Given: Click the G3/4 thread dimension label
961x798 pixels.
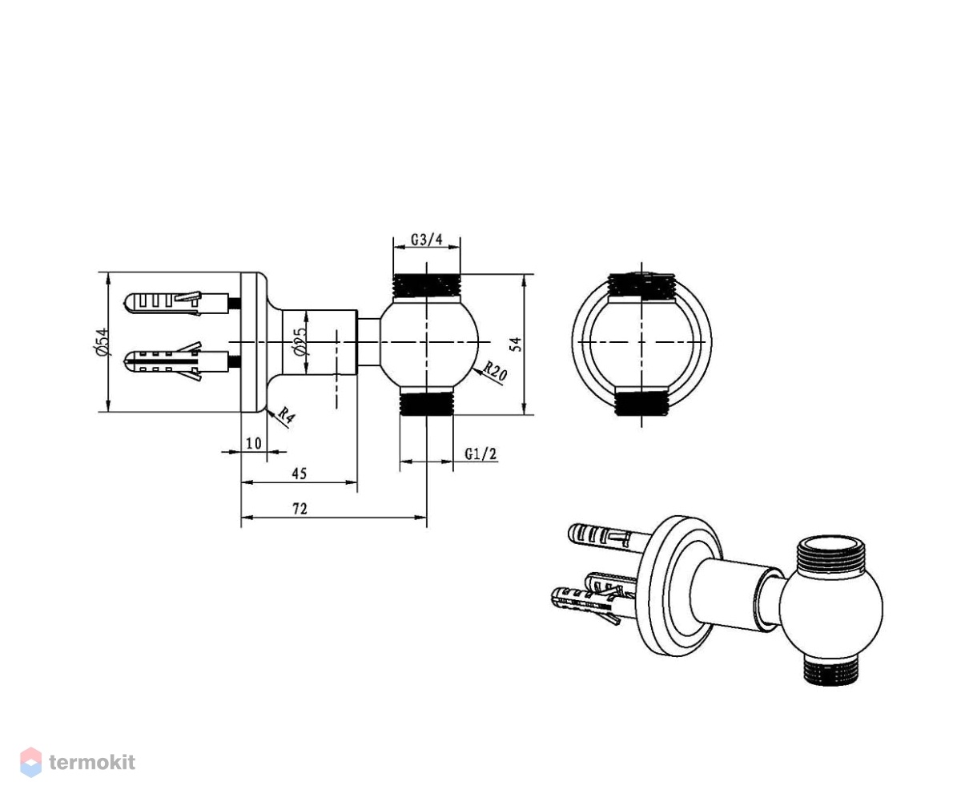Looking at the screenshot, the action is click(427, 240).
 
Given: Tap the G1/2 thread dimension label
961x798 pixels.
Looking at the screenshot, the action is click(480, 454).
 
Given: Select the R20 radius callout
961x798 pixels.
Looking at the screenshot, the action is click(495, 371).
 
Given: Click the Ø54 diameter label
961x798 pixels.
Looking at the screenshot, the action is click(101, 341).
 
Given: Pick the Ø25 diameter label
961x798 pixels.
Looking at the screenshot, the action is click(300, 341).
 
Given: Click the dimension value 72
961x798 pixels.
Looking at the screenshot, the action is click(300, 509).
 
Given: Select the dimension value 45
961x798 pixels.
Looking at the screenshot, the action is click(300, 474).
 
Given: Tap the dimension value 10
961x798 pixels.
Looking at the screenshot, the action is click(254, 443).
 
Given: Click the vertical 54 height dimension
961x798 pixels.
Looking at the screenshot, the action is click(517, 344).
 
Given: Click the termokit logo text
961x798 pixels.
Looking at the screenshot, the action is click(92, 762).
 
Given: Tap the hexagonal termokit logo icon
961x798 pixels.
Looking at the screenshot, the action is click(31, 762).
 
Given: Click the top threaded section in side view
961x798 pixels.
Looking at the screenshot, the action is click(427, 285).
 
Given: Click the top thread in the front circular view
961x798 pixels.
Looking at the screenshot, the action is click(641, 286).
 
